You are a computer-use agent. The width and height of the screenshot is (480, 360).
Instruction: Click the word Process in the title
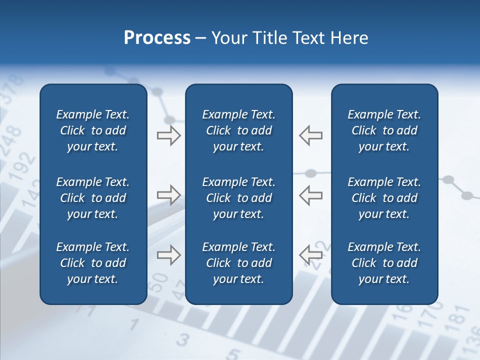pyautogui.click(x=157, y=38)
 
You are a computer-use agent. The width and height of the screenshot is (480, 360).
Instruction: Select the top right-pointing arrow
pyautogui.click(x=168, y=135)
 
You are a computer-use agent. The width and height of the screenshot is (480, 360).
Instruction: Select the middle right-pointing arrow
pyautogui.click(x=168, y=195)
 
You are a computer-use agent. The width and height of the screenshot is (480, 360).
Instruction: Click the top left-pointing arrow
pyautogui.click(x=310, y=135)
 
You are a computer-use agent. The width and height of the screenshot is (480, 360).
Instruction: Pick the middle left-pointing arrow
pyautogui.click(x=310, y=195)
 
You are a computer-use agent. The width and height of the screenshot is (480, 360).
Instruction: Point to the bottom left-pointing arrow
pyautogui.click(x=310, y=255)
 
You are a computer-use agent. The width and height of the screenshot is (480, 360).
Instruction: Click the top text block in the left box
pyautogui.click(x=93, y=130)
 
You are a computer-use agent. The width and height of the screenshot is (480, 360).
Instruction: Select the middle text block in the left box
pyautogui.click(x=93, y=198)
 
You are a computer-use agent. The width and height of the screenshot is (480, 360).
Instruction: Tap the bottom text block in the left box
pyautogui.click(x=93, y=263)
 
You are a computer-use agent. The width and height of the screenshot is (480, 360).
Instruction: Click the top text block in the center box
pyautogui.click(x=238, y=130)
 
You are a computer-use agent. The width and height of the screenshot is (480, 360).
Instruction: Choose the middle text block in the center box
pyautogui.click(x=238, y=198)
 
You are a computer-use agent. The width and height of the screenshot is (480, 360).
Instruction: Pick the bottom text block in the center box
pyautogui.click(x=238, y=263)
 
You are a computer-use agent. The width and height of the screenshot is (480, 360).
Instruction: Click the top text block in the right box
pyautogui.click(x=384, y=130)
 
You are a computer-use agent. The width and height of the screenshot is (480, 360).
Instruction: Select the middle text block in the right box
pyautogui.click(x=384, y=198)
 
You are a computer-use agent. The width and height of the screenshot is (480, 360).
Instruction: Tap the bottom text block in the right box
pyautogui.click(x=384, y=263)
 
